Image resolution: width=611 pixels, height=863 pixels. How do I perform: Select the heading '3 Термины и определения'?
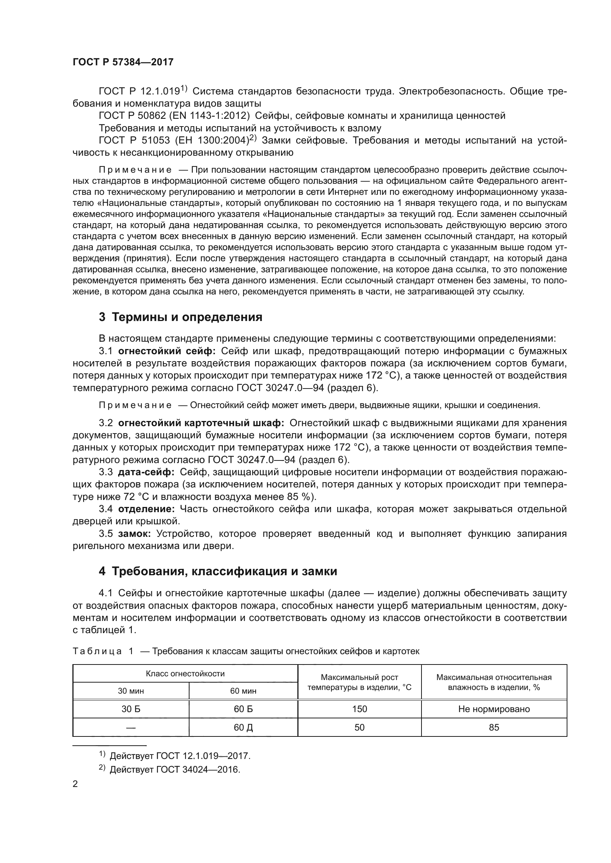180,317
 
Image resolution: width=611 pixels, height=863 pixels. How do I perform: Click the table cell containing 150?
359,709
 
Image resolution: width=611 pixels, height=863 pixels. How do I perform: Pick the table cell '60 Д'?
243,727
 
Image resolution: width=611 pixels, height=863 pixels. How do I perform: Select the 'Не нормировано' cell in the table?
494,709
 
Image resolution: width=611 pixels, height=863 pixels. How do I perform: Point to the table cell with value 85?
494,727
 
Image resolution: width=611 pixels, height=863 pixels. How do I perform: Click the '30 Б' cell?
130,709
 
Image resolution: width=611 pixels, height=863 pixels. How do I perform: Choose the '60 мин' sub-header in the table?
243,691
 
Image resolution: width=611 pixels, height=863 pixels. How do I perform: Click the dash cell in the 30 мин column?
130,728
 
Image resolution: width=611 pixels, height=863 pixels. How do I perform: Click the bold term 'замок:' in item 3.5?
134,534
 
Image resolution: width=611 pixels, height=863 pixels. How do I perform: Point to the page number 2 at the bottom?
75,784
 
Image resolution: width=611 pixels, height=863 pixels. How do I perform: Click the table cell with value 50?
359,727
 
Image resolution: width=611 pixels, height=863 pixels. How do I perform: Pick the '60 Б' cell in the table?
243,709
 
